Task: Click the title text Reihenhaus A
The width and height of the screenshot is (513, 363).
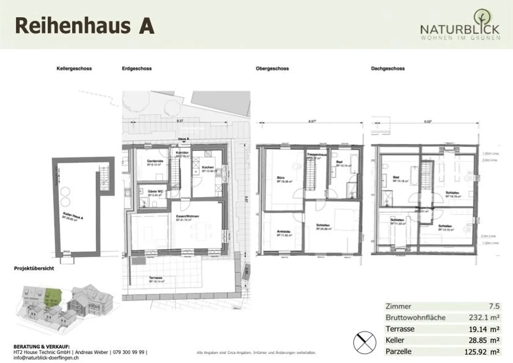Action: pyautogui.click(x=85, y=26)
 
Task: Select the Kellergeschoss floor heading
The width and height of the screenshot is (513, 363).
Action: pyautogui.click(x=74, y=68)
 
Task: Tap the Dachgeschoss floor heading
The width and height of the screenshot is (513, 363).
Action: pyautogui.click(x=388, y=68)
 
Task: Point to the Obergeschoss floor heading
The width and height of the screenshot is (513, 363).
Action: pyautogui.click(x=272, y=68)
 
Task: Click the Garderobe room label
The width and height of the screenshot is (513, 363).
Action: pyautogui.click(x=155, y=161)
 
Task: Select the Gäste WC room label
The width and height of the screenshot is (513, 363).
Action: pyautogui.click(x=155, y=192)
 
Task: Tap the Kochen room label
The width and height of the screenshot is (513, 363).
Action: pyautogui.click(x=208, y=167)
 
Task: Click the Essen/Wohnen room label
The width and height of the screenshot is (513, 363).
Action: pyautogui.click(x=187, y=216)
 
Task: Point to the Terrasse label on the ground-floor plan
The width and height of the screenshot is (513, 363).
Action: pyautogui.click(x=156, y=278)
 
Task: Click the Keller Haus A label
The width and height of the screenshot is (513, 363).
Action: pyautogui.click(x=73, y=216)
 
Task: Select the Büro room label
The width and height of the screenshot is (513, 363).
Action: pyautogui.click(x=281, y=178)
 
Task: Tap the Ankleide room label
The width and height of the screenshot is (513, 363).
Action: pyautogui.click(x=284, y=232)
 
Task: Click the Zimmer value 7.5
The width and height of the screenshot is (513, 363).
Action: pyautogui.click(x=494, y=306)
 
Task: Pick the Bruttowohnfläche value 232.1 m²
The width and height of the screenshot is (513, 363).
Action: pyautogui.click(x=484, y=317)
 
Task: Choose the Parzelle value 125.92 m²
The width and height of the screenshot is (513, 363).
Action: pyautogui.click(x=482, y=352)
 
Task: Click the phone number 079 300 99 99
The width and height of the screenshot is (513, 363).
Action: pyautogui.click(x=129, y=352)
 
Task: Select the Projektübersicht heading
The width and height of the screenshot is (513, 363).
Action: pyautogui.click(x=34, y=268)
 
